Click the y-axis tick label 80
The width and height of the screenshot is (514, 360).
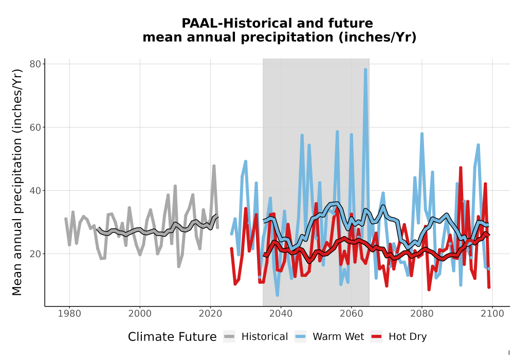click(x=35, y=64)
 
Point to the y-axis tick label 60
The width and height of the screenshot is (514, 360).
click(x=35, y=127)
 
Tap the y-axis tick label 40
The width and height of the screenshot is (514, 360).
click(x=35, y=190)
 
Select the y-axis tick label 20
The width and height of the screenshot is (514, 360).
click(x=35, y=254)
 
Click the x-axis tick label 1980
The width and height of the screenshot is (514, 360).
click(x=69, y=314)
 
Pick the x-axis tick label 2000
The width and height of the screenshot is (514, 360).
click(x=140, y=314)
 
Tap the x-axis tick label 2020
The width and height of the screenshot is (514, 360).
click(x=210, y=314)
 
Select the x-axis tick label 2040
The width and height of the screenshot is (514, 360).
click(x=281, y=314)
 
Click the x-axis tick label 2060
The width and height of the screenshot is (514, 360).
click(x=352, y=314)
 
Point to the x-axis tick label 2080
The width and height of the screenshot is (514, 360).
click(x=422, y=314)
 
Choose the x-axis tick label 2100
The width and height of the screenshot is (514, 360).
click(x=492, y=314)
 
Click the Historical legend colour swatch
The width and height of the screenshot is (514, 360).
click(x=229, y=337)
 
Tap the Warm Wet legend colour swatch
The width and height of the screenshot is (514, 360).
click(x=300, y=337)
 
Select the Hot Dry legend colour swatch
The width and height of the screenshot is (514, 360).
click(x=377, y=337)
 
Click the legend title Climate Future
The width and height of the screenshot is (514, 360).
click(x=172, y=337)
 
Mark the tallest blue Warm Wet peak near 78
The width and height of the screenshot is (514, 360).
click(x=365, y=70)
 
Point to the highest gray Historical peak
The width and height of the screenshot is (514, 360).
click(x=214, y=166)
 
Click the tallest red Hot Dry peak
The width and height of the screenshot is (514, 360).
click(x=461, y=168)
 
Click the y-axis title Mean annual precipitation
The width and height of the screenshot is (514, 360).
click(x=17, y=182)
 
